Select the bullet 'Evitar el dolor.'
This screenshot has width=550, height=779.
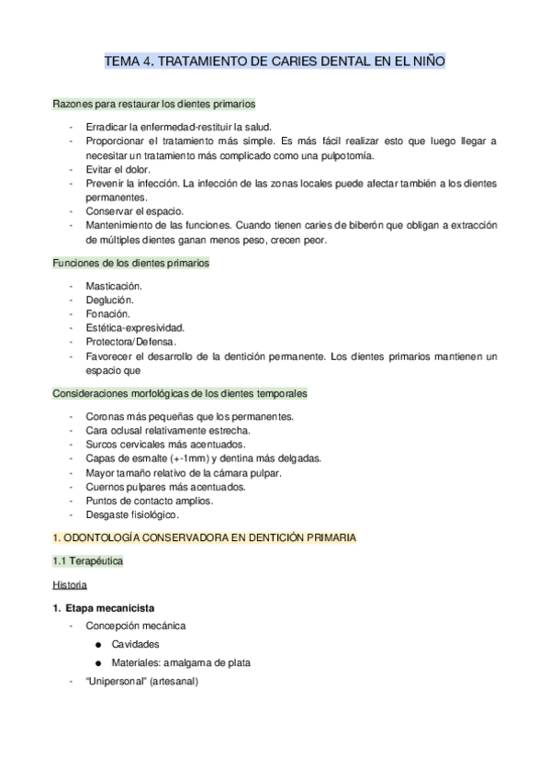118,169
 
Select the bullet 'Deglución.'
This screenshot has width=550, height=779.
110,299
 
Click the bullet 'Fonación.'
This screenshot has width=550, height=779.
108,313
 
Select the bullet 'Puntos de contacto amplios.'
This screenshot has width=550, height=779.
149,501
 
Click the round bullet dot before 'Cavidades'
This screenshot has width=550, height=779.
96,645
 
